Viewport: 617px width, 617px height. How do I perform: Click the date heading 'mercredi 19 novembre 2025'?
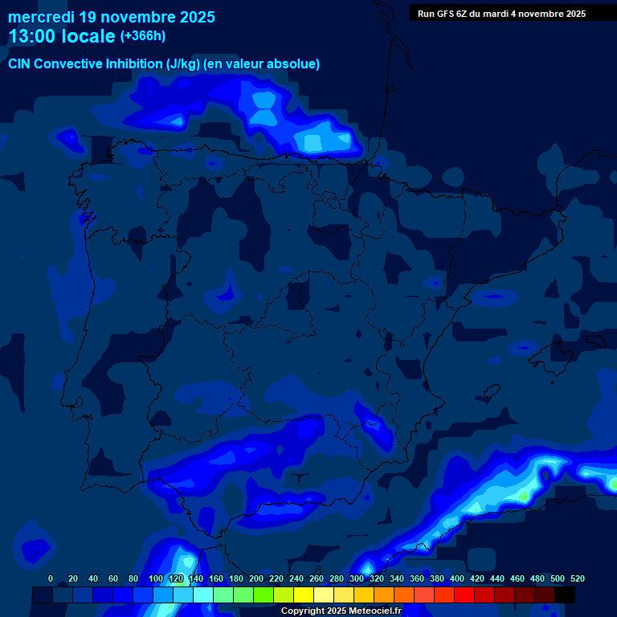(112, 17)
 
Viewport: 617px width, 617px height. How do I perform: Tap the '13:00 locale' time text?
(62, 37)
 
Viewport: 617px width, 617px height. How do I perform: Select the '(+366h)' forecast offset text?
(143, 36)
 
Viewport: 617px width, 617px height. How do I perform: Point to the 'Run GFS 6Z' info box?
(501, 13)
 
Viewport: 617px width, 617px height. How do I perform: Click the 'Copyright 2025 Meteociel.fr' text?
(341, 611)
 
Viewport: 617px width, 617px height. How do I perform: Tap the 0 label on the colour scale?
(51, 578)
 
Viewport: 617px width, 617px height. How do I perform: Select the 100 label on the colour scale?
(156, 578)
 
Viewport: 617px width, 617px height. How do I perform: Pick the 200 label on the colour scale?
(256, 578)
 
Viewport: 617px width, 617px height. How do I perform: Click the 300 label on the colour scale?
(357, 578)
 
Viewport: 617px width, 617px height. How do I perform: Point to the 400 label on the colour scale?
(457, 578)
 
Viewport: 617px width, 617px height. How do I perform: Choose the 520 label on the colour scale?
(578, 578)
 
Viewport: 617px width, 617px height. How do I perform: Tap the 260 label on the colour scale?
(317, 578)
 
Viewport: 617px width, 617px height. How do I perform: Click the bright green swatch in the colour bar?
(263, 595)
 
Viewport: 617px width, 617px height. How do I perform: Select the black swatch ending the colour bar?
(564, 595)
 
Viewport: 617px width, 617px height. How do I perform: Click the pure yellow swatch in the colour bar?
(303, 595)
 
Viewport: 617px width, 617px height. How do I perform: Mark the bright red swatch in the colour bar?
(464, 595)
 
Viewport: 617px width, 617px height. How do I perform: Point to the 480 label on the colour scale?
(537, 578)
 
